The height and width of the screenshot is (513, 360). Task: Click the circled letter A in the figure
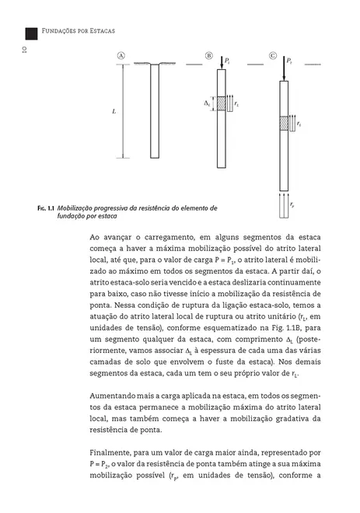point(122,56)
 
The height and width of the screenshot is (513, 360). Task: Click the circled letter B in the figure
point(209,56)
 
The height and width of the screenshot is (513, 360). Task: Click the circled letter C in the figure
point(273,56)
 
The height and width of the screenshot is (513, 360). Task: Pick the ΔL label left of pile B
point(208,103)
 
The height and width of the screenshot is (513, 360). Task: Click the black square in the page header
point(32,32)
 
